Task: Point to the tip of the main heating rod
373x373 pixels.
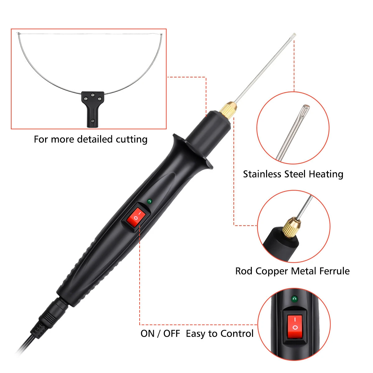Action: pos(294,34)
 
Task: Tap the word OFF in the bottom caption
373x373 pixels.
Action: pos(172,334)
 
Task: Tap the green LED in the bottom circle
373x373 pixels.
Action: pos(294,299)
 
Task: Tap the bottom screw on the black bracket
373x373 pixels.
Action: pos(92,121)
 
